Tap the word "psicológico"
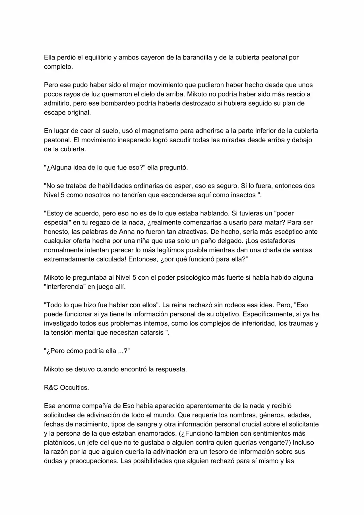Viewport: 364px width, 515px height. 194,277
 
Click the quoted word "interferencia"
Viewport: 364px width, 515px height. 65,287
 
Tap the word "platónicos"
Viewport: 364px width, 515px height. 59,443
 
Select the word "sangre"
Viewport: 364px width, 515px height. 147,424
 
